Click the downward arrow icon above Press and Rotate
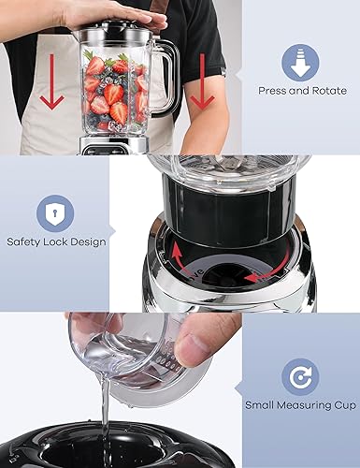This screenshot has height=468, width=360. pos(300,62)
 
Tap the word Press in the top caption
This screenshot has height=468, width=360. pos(273,91)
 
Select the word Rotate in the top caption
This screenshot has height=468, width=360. pos(328,91)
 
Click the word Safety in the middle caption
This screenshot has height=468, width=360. pos(25,242)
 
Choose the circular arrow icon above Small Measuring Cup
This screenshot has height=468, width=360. pos(300,376)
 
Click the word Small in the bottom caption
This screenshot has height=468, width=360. pos(262,405)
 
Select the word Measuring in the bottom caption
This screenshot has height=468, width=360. pos(302,406)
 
